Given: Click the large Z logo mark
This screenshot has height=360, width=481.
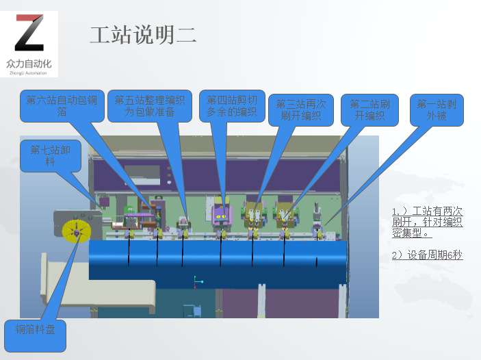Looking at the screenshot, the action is pos(29,34).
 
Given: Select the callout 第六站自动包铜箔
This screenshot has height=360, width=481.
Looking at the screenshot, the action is pos(62,105).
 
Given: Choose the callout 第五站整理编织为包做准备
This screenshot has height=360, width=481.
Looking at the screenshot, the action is pos(149,105).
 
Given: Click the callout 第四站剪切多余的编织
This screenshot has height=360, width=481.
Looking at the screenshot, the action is pos(232,105).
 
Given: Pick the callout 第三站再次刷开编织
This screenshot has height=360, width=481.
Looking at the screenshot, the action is pos(301,110).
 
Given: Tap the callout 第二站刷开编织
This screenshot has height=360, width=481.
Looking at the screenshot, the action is pos(369,110).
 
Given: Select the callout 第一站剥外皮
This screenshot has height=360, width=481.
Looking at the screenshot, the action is pos(440,110).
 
